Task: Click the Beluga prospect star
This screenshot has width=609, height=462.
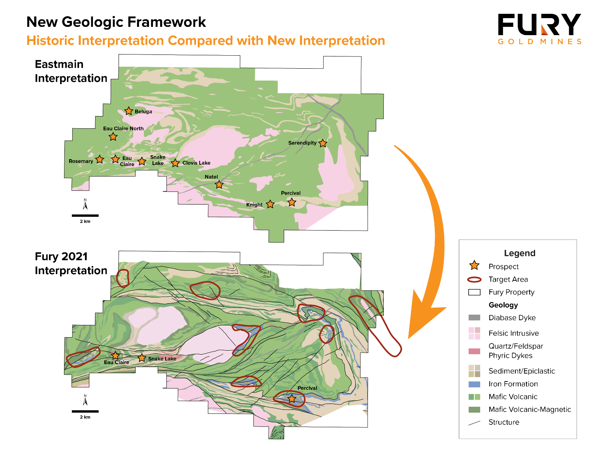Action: [128, 111]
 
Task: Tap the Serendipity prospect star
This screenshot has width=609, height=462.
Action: [323, 143]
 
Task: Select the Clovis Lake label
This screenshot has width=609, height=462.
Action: [196, 163]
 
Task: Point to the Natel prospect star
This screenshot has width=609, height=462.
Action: [219, 184]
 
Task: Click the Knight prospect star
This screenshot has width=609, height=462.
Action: [270, 204]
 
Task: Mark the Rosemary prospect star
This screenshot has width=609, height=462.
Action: [100, 160]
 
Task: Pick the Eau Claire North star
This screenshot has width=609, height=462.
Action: [113, 137]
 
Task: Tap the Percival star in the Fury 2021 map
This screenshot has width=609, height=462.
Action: [292, 399]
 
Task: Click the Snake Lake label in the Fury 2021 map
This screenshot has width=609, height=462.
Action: [162, 359]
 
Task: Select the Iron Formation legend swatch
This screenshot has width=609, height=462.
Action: [474, 384]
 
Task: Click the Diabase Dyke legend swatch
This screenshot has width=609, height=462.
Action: [474, 317]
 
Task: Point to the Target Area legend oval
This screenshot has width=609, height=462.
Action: [474, 280]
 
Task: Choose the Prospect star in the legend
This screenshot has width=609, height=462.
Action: [474, 265]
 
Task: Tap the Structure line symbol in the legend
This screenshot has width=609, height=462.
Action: [474, 423]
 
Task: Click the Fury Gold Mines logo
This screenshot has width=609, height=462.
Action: [539, 29]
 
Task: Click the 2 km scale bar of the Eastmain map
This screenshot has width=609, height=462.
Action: [85, 216]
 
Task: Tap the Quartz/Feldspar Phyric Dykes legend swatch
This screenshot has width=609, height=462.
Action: [474, 351]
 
